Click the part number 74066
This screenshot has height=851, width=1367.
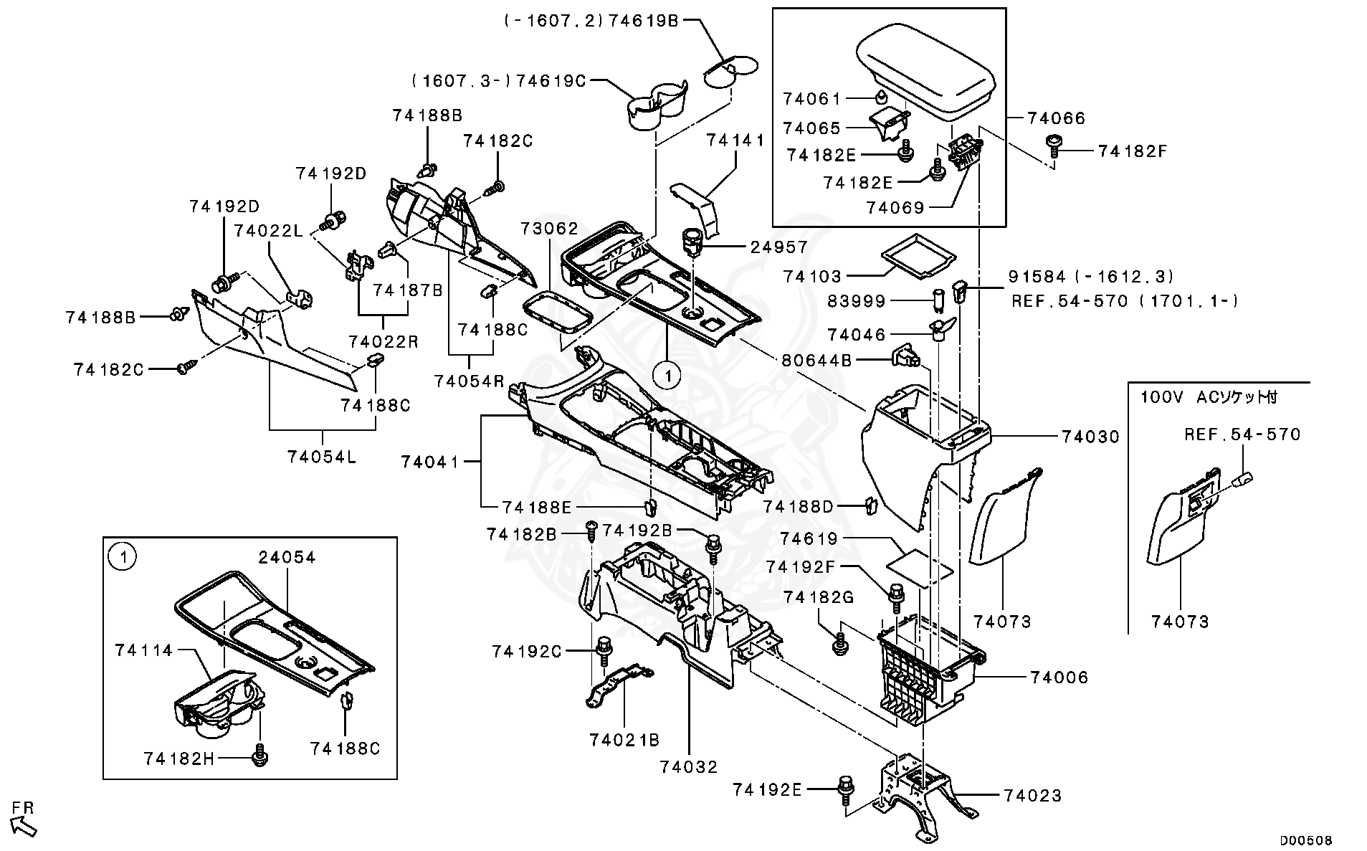click(x=1056, y=118)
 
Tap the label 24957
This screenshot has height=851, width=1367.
click(x=779, y=247)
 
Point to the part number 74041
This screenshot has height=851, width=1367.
click(x=430, y=462)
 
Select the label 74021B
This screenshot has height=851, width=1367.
click(x=624, y=739)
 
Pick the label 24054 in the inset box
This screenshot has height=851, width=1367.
click(x=287, y=557)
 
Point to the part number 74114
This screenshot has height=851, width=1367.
click(x=144, y=650)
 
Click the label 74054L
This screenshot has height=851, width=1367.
click(x=322, y=457)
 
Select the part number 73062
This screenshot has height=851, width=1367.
click(x=549, y=229)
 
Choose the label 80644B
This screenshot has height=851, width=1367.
click(x=816, y=361)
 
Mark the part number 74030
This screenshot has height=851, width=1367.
click(x=1090, y=437)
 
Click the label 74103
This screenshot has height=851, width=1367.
click(x=812, y=276)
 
